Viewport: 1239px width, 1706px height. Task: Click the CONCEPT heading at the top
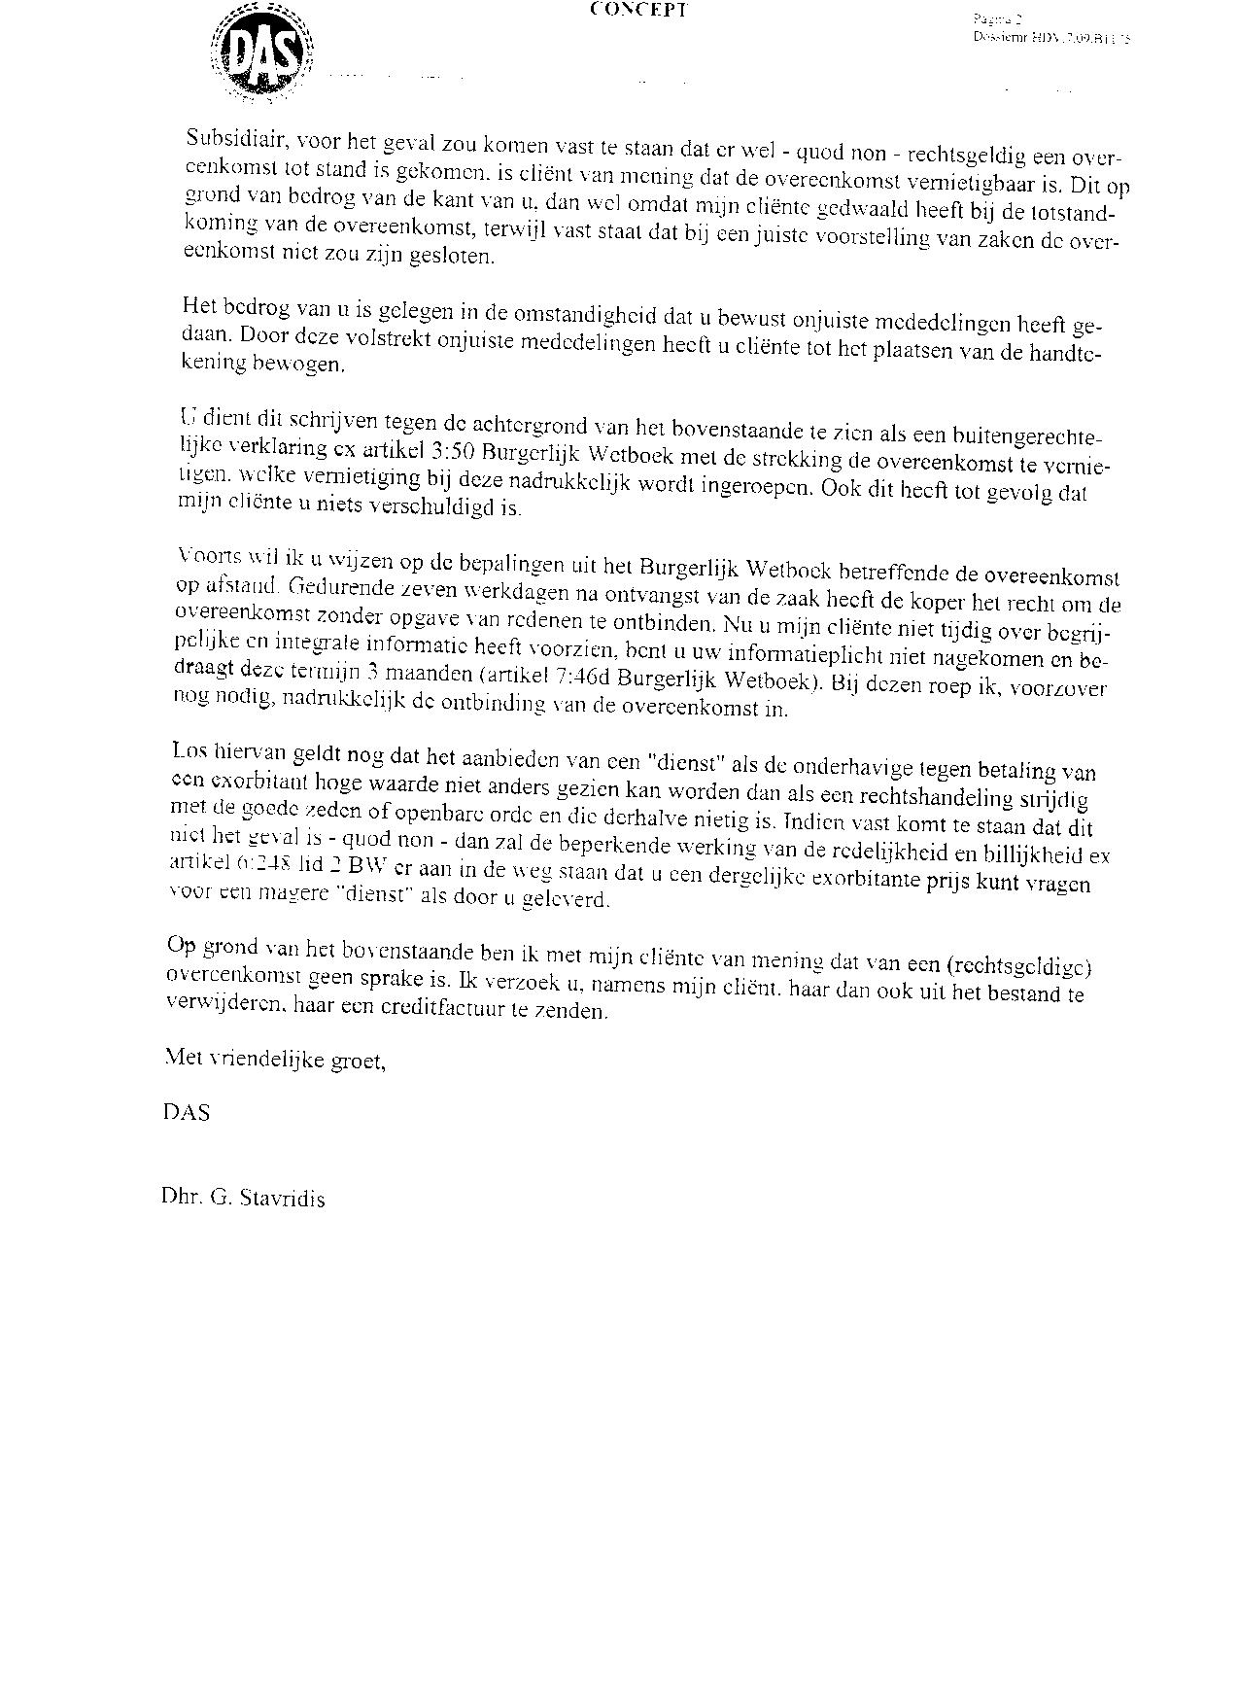tap(639, 11)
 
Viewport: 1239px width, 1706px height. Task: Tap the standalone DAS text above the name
tap(186, 1111)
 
